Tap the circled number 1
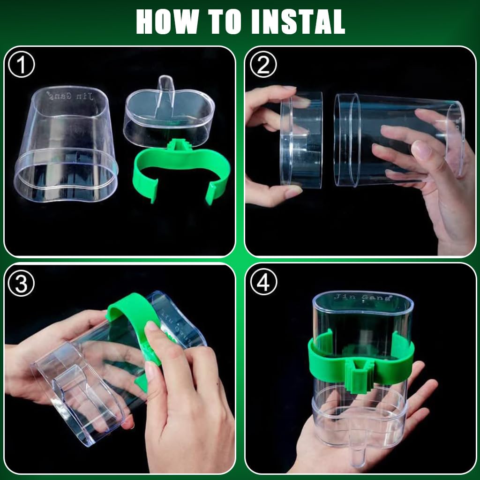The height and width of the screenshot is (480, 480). click(22, 65)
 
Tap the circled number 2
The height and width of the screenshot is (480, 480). click(263, 65)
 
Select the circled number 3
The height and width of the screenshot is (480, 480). click(21, 284)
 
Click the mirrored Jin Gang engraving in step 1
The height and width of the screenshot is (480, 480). click(70, 96)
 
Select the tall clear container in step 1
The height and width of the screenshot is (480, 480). click(66, 143)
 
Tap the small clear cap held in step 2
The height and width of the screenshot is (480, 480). click(301, 139)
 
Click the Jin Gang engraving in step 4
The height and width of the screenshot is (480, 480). click(363, 297)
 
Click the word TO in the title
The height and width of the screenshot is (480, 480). click(224, 22)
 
